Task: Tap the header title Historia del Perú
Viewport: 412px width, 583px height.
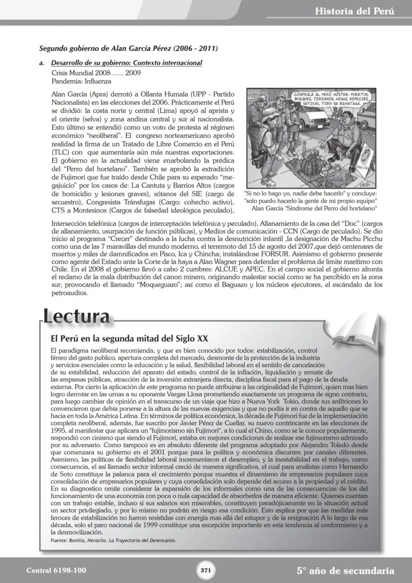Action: [x=354, y=11]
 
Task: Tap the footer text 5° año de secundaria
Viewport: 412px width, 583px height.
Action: [x=345, y=571]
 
